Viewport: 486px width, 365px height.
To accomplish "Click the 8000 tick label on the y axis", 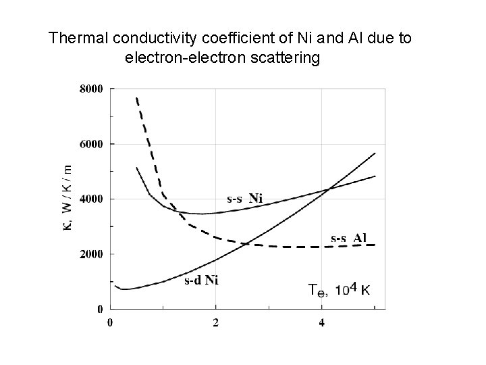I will (x=91, y=89).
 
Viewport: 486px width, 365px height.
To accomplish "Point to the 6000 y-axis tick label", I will (x=91, y=144).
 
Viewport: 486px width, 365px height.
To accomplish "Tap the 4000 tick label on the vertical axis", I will (x=91, y=199).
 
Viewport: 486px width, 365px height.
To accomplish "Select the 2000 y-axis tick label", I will (x=91, y=255).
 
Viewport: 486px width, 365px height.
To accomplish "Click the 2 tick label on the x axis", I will (x=216, y=322).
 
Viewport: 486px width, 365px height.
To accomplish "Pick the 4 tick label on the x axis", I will (x=321, y=322).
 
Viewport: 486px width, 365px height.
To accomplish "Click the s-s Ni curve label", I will (x=244, y=198).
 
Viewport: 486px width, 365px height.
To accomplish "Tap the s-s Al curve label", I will (x=348, y=237).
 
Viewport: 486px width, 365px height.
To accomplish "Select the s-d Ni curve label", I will (x=201, y=279).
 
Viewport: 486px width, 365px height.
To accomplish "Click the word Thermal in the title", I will (x=75, y=39).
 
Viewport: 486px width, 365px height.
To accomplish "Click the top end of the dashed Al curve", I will (x=136, y=98).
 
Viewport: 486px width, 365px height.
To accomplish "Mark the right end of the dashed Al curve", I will (x=375, y=245).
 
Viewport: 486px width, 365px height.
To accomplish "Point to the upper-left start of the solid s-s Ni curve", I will (x=136, y=167).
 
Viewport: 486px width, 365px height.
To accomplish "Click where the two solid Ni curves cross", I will (x=329, y=189).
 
